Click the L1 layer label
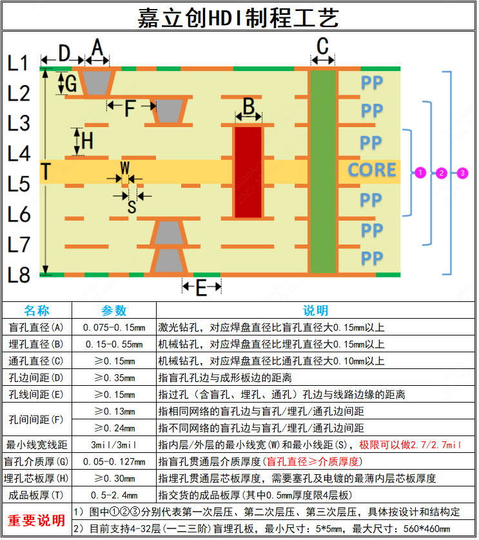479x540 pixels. pos(19,63)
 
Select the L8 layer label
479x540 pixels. pos(19,275)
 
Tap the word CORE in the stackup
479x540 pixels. pos(372,170)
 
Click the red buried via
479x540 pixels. pos(248,172)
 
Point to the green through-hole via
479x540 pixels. pos(323,171)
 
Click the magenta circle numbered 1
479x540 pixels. pos(420,172)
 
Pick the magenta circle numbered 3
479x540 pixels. pos(462,172)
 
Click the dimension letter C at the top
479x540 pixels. pos(323,46)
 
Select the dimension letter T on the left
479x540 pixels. pos(46,172)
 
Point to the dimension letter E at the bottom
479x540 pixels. pos(200,287)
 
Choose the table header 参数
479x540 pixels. pos(115,311)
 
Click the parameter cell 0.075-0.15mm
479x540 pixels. pos(115,327)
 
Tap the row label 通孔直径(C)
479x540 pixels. pos(37,361)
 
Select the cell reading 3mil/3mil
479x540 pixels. pos(115,445)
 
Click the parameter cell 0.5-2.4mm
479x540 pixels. pos(115,495)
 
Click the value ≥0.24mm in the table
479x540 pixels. pos(115,428)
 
